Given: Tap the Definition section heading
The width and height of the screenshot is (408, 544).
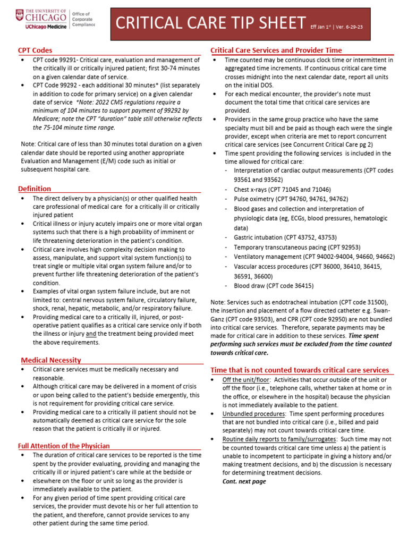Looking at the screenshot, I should [x=35, y=189].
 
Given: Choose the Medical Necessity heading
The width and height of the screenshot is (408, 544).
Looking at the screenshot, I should [x=51, y=360].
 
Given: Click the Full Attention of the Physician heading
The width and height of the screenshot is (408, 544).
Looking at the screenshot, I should [x=64, y=446].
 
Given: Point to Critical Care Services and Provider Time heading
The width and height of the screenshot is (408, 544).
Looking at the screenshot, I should [x=276, y=50].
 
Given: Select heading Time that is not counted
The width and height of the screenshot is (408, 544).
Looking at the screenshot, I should [x=300, y=370].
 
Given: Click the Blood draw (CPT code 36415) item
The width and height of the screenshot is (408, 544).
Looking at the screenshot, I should [x=274, y=285].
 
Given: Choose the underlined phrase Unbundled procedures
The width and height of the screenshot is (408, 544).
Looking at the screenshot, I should [x=254, y=413].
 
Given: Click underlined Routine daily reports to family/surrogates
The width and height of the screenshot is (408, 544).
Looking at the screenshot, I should [x=279, y=439].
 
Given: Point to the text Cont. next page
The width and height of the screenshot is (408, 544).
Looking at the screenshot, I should [x=244, y=481].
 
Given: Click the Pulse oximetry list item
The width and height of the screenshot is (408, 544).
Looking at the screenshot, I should [x=282, y=199].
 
